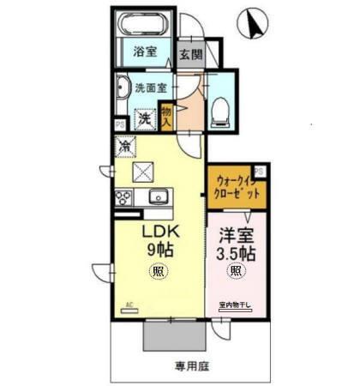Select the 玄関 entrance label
(x=189, y=54)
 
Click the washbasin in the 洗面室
(x=122, y=87)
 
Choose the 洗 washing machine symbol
(x=147, y=119)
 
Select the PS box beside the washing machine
(x=119, y=124)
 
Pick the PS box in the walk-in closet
(x=258, y=171)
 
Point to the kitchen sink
(x=159, y=198)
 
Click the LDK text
(x=159, y=233)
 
